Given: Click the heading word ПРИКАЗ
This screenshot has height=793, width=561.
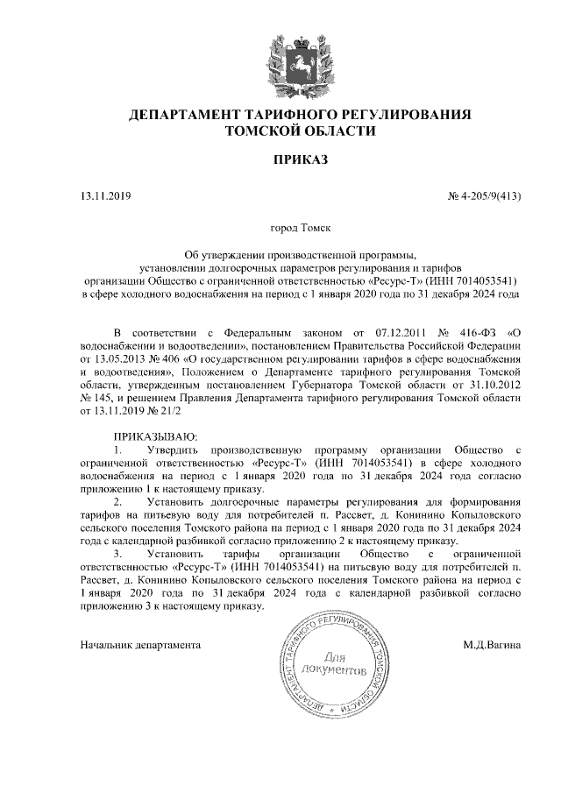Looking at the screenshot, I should (300, 161).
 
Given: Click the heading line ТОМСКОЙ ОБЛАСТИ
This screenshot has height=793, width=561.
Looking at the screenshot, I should (300, 132).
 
